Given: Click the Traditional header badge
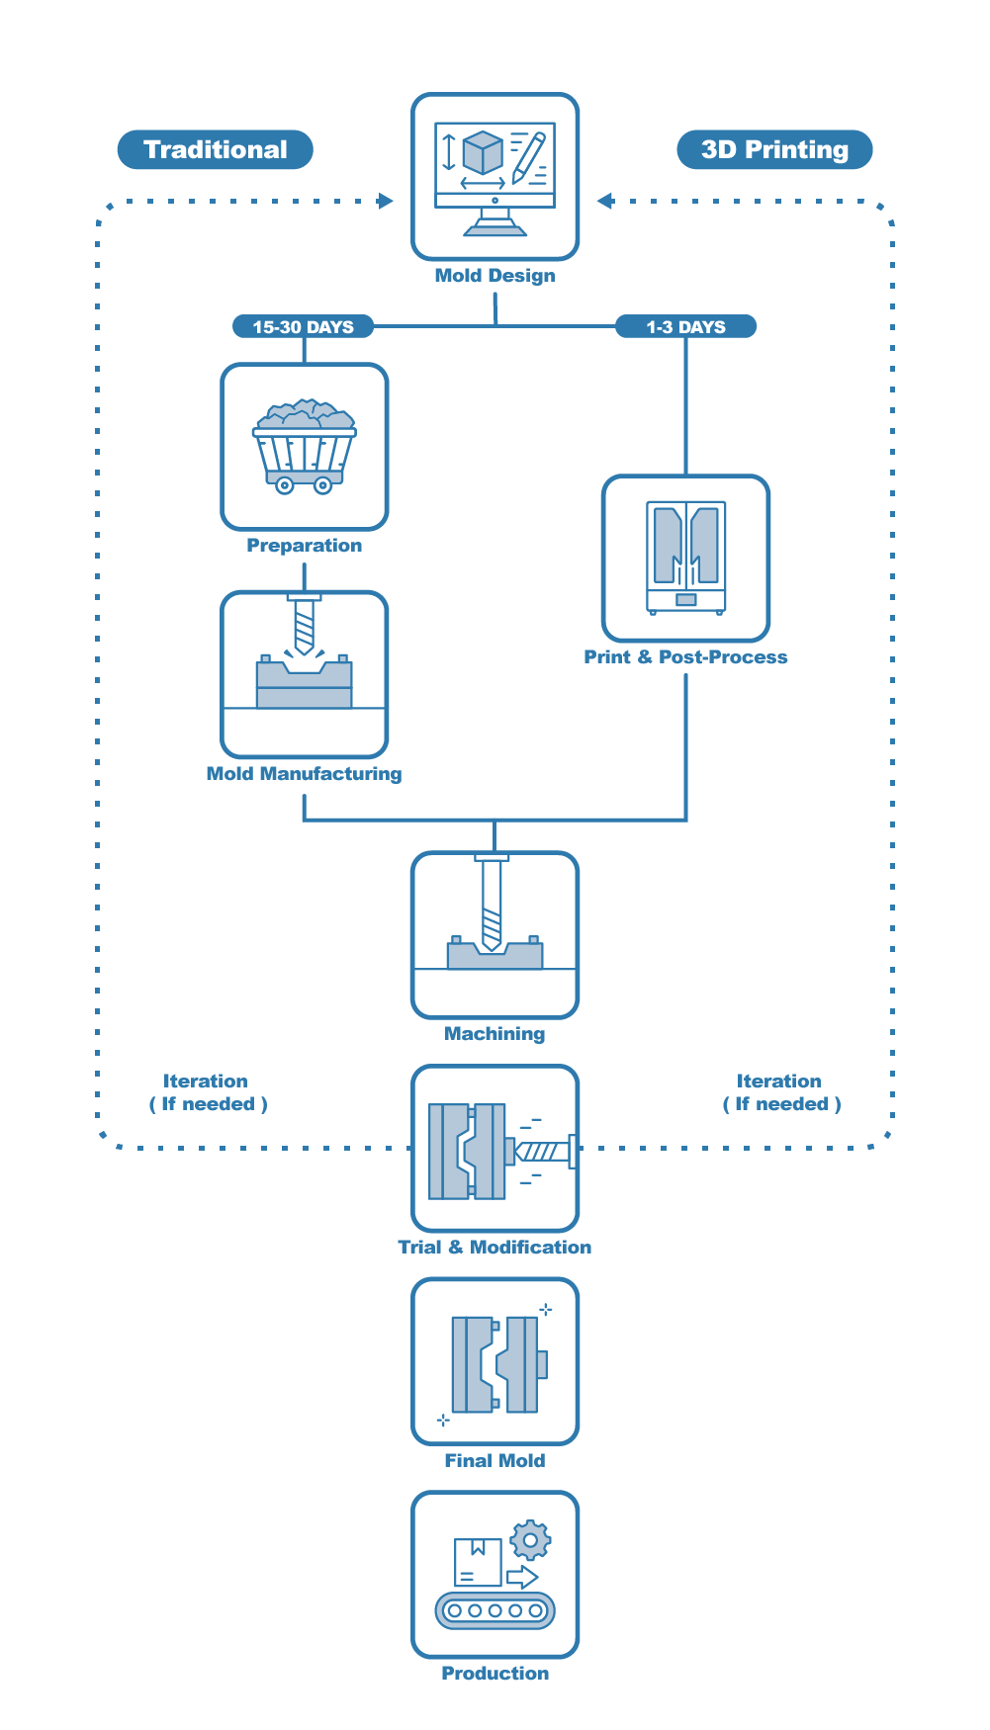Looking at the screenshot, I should [215, 149].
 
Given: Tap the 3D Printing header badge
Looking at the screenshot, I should [774, 149].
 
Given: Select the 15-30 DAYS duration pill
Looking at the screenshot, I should [303, 326].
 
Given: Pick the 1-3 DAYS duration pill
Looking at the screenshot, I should [685, 326].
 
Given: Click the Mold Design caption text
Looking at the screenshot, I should [495, 276].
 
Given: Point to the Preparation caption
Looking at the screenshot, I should [304, 546].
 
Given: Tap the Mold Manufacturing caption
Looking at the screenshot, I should [304, 774].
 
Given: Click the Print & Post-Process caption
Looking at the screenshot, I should [685, 657].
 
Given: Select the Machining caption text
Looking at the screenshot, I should [495, 1034].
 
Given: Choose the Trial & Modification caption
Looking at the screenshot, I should [495, 1248].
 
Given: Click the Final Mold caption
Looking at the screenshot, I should [495, 1461].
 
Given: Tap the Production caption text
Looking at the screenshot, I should [495, 1674].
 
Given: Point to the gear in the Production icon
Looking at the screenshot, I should [531, 1539].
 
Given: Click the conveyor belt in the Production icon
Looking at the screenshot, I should [495, 1610].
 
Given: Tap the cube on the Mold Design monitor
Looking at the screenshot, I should [483, 153].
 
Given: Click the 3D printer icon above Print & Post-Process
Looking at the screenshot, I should [686, 558].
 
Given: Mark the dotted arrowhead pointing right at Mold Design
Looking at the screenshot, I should [386, 201].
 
